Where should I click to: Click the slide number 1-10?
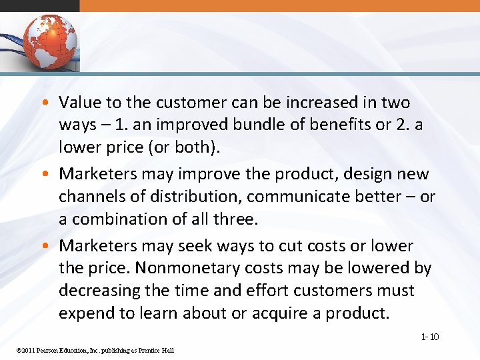pyautogui.click(x=430, y=337)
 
